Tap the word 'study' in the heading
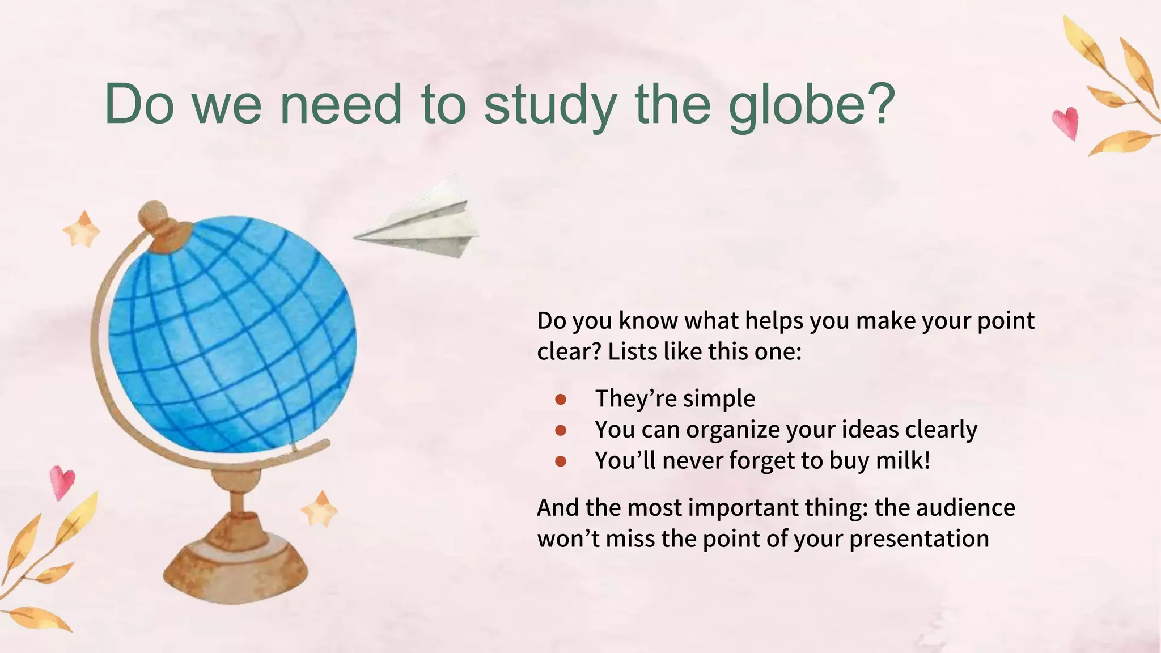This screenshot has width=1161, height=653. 549,105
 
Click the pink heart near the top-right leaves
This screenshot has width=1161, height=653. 1066,122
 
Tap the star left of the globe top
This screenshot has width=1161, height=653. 82,229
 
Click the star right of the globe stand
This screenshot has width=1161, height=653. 320,508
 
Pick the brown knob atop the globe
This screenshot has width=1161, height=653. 154,215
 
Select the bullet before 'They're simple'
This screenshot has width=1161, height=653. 561,400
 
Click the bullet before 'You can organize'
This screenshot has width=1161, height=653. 561,431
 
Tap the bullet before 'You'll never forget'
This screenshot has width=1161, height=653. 561,461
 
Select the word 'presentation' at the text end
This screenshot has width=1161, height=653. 919,538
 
